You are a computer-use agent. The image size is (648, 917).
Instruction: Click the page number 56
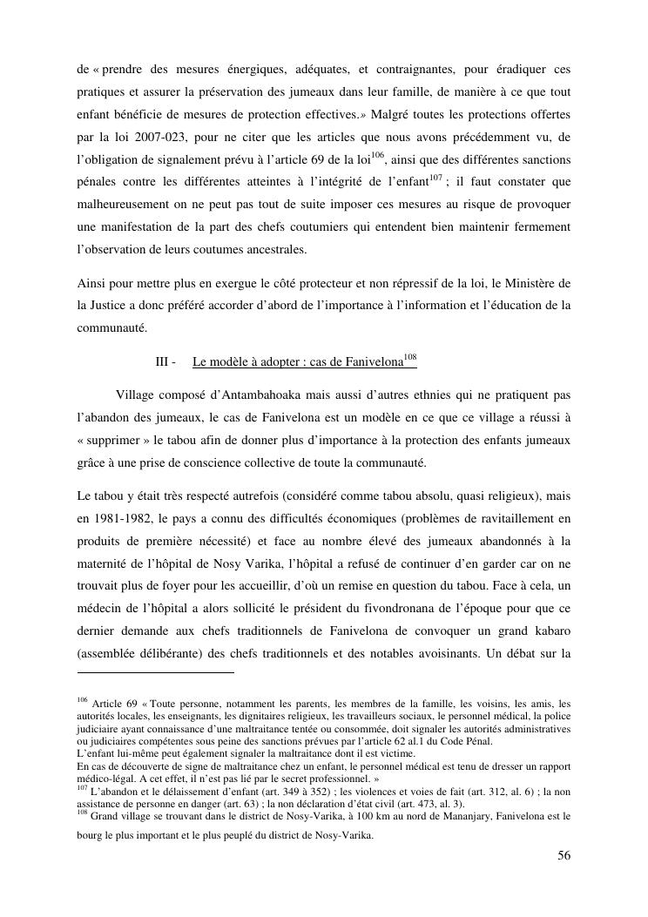point(564,855)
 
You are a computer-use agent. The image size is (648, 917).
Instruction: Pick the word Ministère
point(531,283)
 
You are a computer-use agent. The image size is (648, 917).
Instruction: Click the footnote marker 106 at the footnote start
point(83,701)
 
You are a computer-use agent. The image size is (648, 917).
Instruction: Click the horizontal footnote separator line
point(156,672)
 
